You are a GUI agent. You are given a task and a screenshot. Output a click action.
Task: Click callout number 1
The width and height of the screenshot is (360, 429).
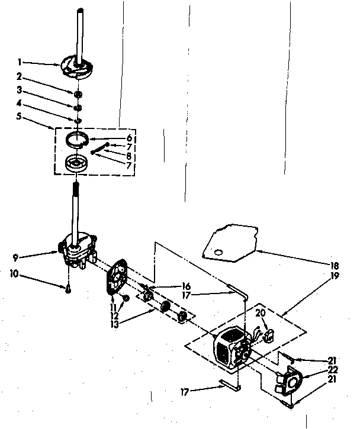(20, 61)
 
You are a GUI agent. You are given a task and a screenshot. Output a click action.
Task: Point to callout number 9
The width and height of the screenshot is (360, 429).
(16, 258)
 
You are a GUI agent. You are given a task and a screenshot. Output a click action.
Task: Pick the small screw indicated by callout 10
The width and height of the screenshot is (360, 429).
(68, 289)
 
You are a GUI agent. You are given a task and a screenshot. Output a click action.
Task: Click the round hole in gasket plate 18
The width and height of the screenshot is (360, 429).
(220, 253)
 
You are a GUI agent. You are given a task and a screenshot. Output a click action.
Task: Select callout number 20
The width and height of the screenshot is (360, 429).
(260, 312)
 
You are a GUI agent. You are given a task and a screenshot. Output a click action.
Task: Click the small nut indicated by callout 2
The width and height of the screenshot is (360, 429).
(78, 94)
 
